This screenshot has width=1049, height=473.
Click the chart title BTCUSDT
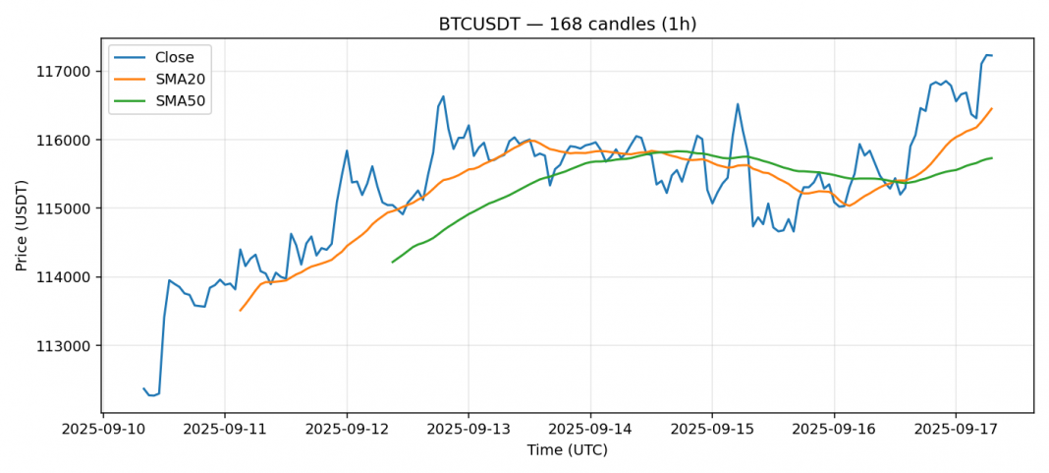pos(567,24)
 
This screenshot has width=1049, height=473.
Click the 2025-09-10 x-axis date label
pos(103,430)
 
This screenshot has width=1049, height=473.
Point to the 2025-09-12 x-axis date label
pos(347,430)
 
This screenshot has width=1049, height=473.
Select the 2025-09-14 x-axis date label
pos(590,430)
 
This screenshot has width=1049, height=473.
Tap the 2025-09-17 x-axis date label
pos(956,430)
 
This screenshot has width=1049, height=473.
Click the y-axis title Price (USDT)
pos(22,225)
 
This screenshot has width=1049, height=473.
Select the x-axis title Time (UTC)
pos(567,450)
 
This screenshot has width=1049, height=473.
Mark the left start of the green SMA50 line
pos(393,262)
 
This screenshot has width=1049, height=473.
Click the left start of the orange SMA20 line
pos(240,311)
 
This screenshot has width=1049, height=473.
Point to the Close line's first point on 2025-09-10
pos(143,388)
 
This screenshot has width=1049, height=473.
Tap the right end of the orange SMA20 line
pos(991,109)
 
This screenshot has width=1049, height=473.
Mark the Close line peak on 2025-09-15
pos(738,104)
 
